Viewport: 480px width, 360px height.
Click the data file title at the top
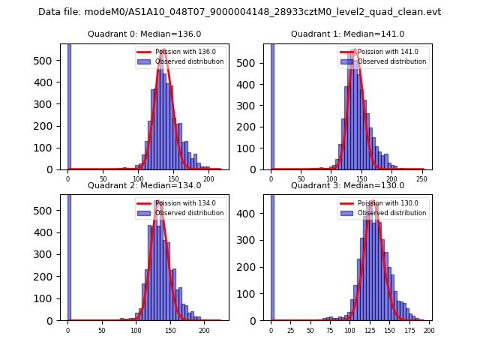pyautogui.click(x=239, y=12)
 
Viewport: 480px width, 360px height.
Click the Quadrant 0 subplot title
pyautogui.click(x=145, y=34)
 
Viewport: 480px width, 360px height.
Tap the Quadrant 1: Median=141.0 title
pyautogui.click(x=347, y=34)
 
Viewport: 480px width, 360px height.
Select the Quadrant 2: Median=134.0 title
pyautogui.click(x=145, y=185)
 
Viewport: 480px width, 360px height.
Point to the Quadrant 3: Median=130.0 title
pyautogui.click(x=347, y=185)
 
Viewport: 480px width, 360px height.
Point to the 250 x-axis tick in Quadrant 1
pyautogui.click(x=424, y=179)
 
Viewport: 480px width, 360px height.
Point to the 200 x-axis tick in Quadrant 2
pyautogui.click(x=204, y=330)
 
